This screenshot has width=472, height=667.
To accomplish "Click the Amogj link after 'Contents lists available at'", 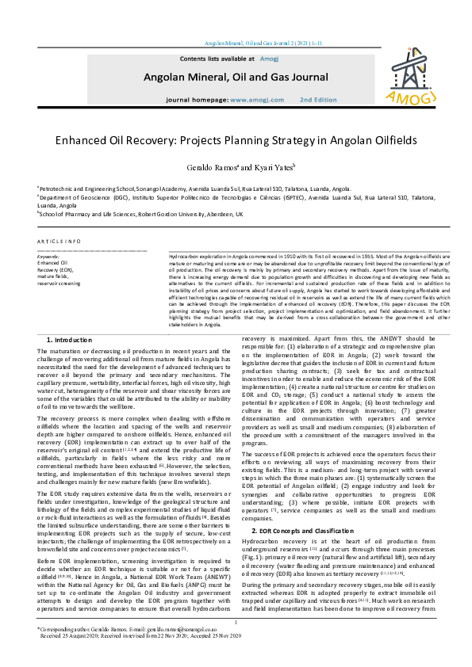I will click(x=269, y=59).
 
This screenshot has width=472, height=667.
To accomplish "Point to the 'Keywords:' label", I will click(x=48, y=257).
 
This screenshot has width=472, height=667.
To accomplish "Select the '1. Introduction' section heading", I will click(x=72, y=338).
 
